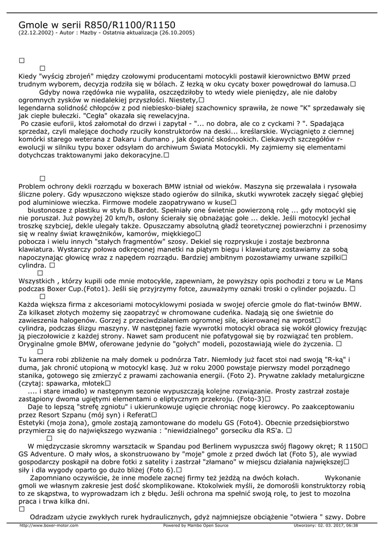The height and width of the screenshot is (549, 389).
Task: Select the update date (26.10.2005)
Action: click(x=178, y=33)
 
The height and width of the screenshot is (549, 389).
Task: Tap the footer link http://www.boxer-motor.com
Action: click(x=49, y=525)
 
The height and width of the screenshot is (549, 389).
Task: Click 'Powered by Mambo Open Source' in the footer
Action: click(x=195, y=525)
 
